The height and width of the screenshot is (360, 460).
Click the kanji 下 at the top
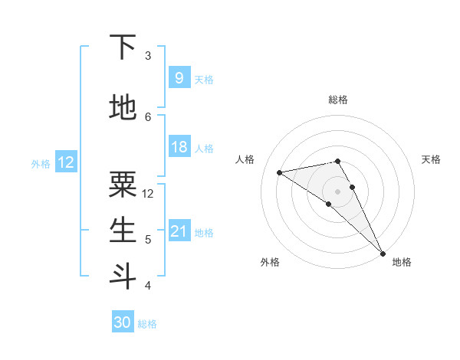[123, 47]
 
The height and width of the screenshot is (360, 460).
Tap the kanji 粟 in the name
[123, 185]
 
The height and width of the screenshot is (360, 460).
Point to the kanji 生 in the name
[123, 230]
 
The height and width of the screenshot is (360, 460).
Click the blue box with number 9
[179, 78]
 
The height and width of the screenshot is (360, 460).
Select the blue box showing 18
[179, 147]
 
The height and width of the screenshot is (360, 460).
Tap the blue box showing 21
[179, 231]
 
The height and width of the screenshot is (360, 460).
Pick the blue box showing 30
[123, 322]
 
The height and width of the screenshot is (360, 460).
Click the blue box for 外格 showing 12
[66, 162]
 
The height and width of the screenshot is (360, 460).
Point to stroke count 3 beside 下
[148, 55]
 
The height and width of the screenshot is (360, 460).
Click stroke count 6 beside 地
[148, 116]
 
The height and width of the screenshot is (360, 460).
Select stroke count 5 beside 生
[148, 239]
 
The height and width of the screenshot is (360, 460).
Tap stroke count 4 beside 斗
[148, 285]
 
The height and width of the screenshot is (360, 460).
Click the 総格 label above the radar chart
[338, 100]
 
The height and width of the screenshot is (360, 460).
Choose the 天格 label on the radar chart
[431, 159]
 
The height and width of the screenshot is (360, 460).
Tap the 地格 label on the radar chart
[402, 262]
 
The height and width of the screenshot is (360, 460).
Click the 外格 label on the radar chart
[270, 262]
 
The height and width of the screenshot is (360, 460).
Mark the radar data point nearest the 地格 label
[382, 251]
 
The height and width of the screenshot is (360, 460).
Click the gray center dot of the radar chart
[337, 191]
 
